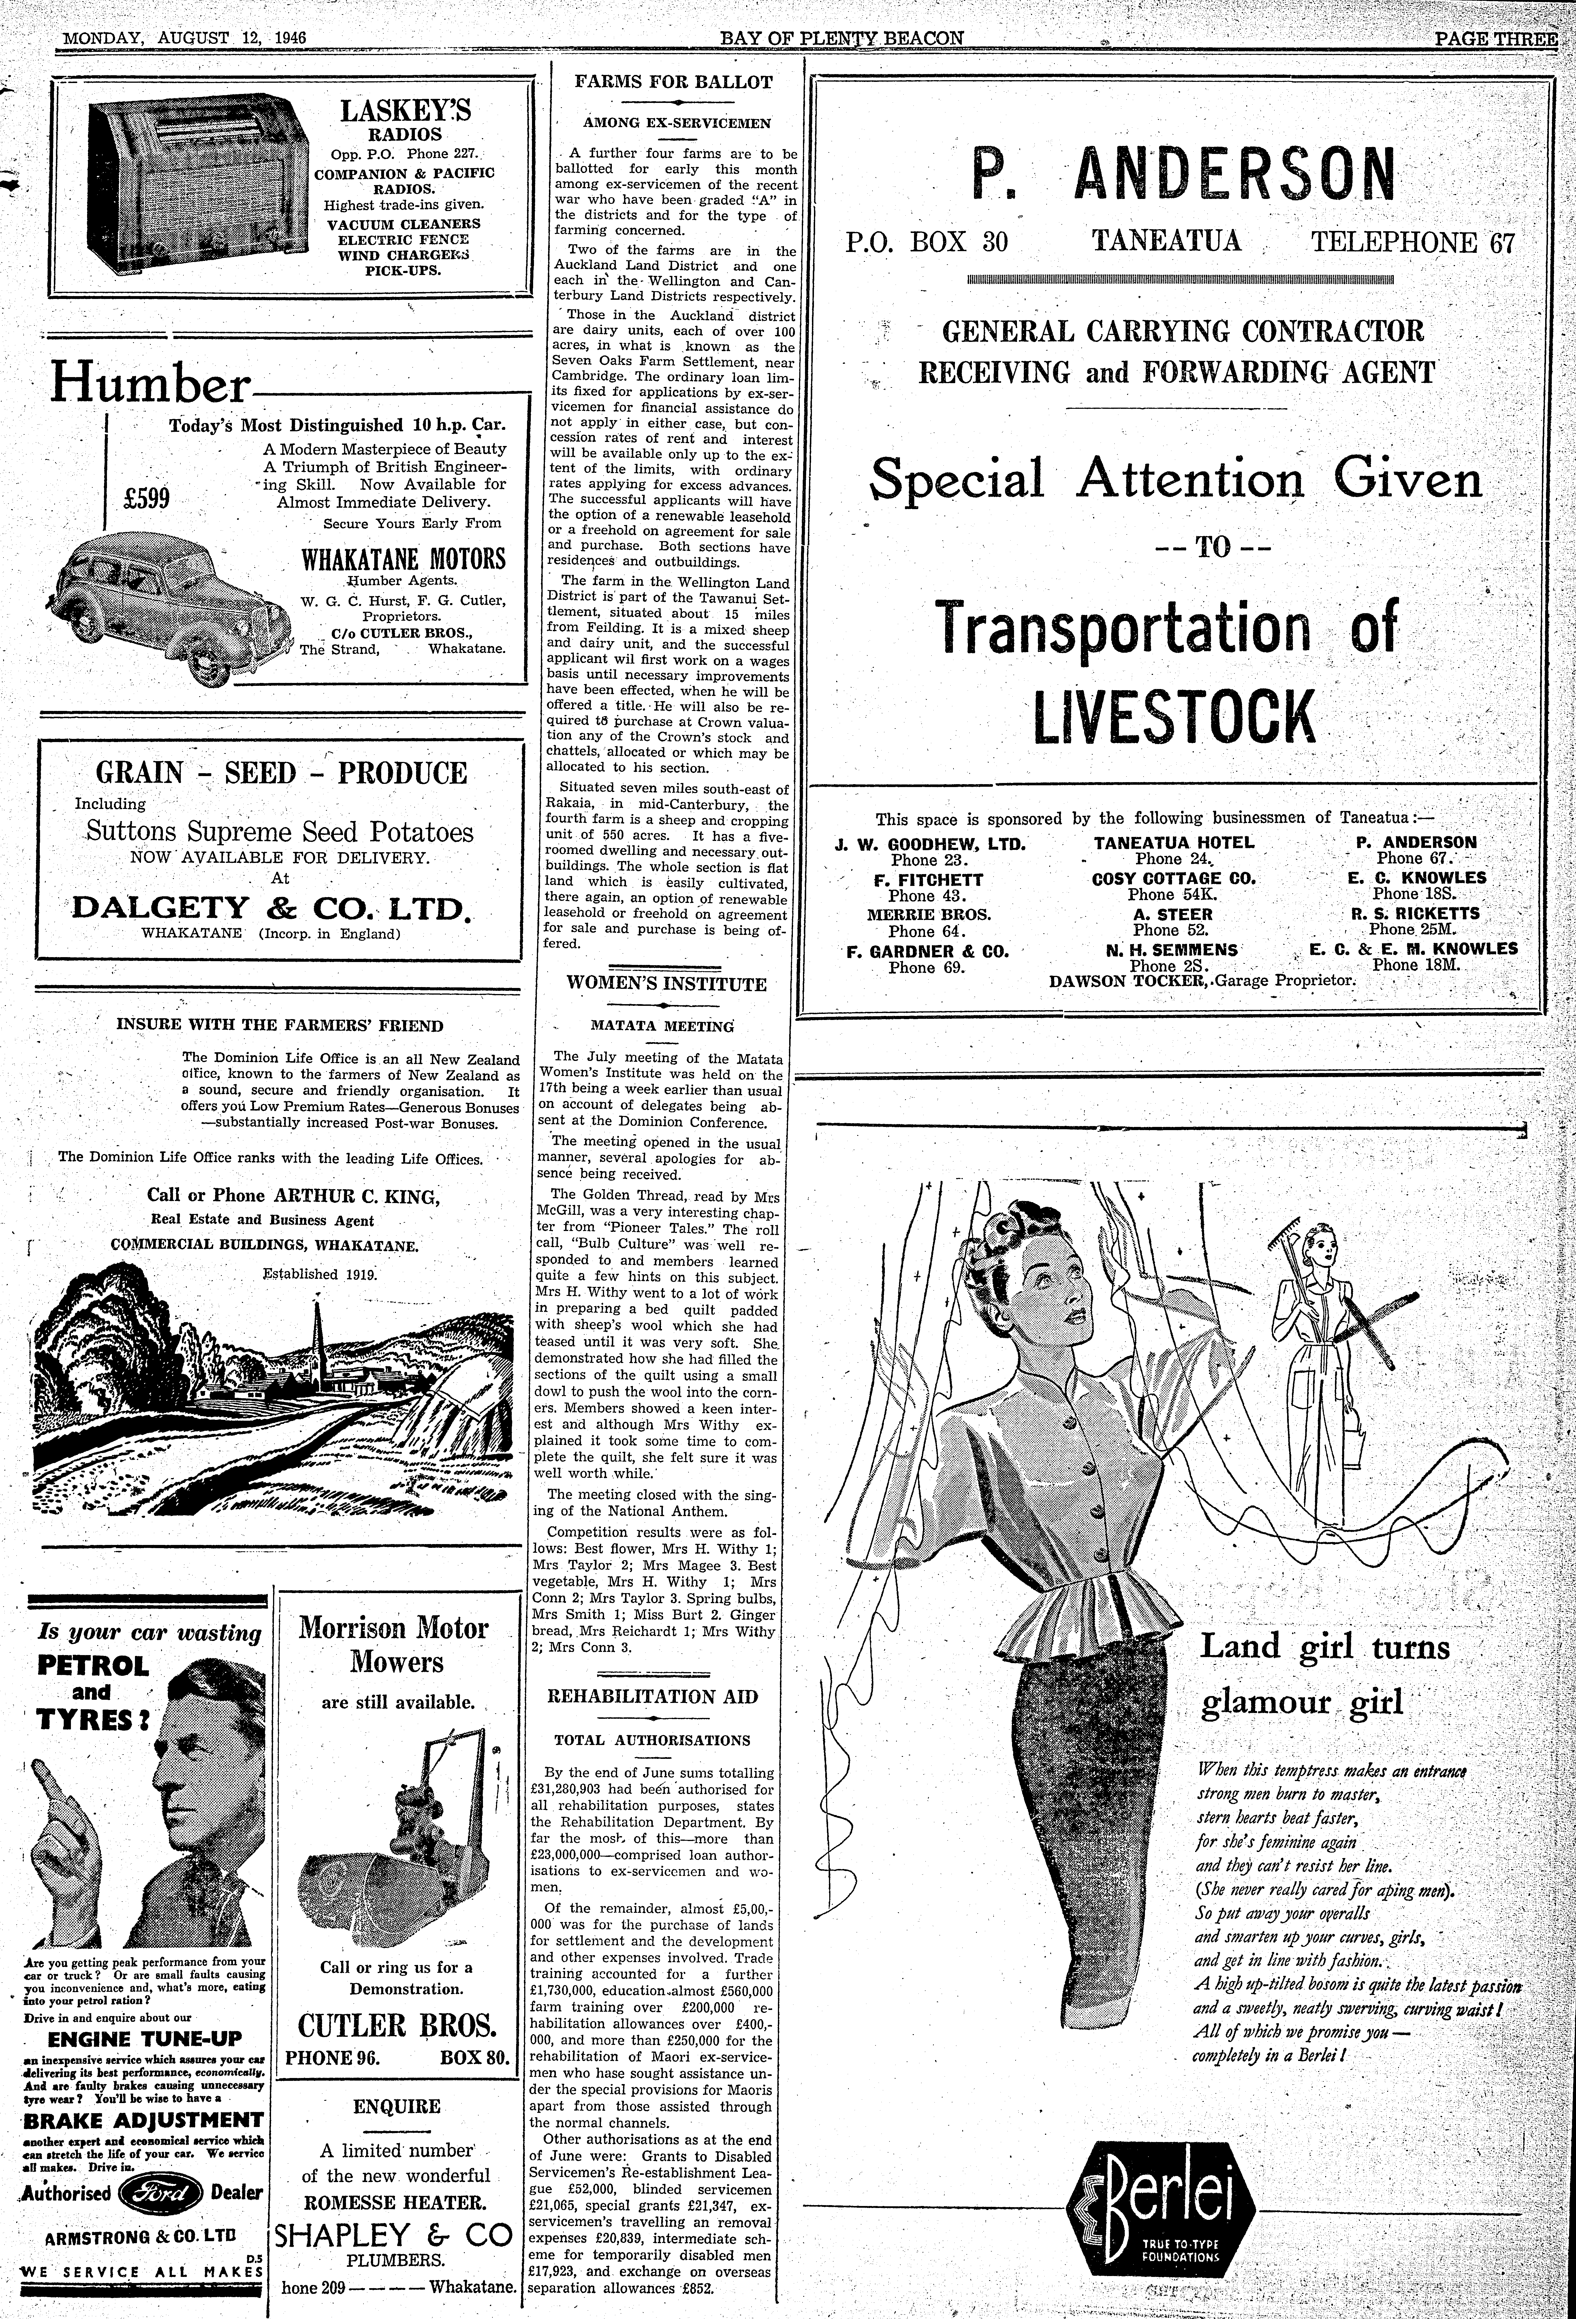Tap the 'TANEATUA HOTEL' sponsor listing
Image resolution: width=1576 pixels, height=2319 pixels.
1174,842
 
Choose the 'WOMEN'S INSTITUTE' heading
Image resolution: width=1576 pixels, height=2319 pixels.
667,984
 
